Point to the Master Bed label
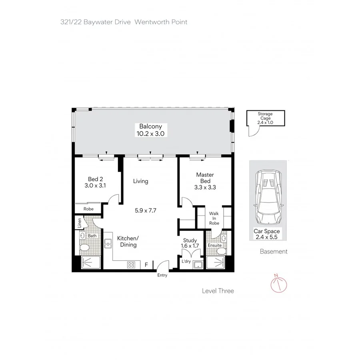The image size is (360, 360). coord(205,178)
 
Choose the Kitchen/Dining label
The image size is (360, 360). coord(128,241)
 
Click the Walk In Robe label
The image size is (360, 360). coord(214,218)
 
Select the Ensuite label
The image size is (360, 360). coord(214,245)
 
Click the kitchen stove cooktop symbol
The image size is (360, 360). coord(131,264)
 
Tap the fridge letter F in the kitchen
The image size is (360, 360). coord(146,264)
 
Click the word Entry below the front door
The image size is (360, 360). coord(162,275)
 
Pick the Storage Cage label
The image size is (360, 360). coord(265,118)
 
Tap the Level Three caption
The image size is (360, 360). coord(218,291)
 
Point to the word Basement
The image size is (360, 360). coord(274,252)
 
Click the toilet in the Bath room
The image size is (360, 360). coord(84,248)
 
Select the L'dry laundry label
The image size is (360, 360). coord(186,261)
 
